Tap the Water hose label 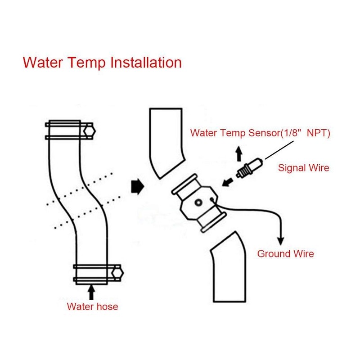click(92, 307)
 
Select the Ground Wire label click(285, 254)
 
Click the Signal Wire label click(303, 168)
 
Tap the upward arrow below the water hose click(92, 292)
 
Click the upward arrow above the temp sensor click(239, 155)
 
